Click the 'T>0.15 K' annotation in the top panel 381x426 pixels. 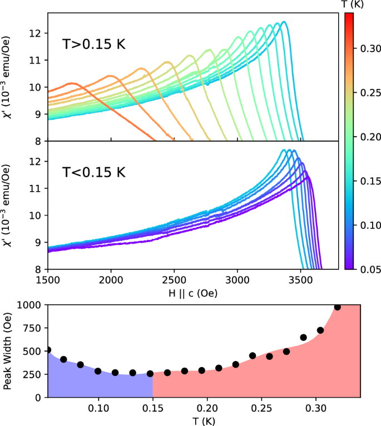[x=94, y=43]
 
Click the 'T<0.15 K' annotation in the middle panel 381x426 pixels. [x=94, y=172]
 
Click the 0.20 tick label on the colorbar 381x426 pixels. [x=367, y=137]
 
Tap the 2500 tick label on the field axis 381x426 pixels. [x=174, y=280]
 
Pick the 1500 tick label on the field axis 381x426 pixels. [x=48, y=280]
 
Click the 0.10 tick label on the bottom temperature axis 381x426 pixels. [x=99, y=409]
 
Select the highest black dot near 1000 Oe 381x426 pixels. [x=338, y=307]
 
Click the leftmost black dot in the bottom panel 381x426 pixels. [x=48, y=350]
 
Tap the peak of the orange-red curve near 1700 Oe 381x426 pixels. [x=71, y=83]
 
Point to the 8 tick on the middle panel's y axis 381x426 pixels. [x=39, y=269]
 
